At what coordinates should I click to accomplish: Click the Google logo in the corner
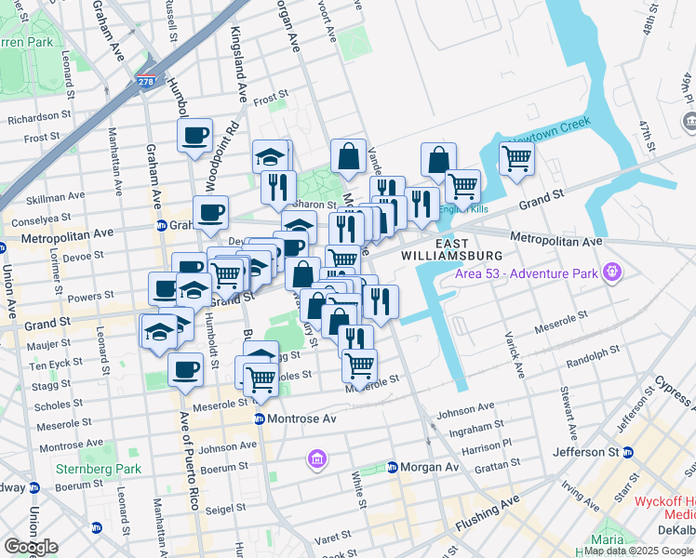[x=31, y=547]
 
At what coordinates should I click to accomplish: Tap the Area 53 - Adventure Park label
[x=526, y=273]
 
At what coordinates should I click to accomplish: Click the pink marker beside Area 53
[x=611, y=272]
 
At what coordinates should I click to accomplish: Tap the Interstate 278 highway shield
[x=147, y=81]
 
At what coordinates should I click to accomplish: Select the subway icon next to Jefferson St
[x=628, y=452]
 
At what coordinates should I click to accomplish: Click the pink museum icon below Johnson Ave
[x=317, y=459]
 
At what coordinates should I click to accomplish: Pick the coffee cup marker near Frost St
[x=195, y=136]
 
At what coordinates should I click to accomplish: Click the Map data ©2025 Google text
[x=639, y=551]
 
